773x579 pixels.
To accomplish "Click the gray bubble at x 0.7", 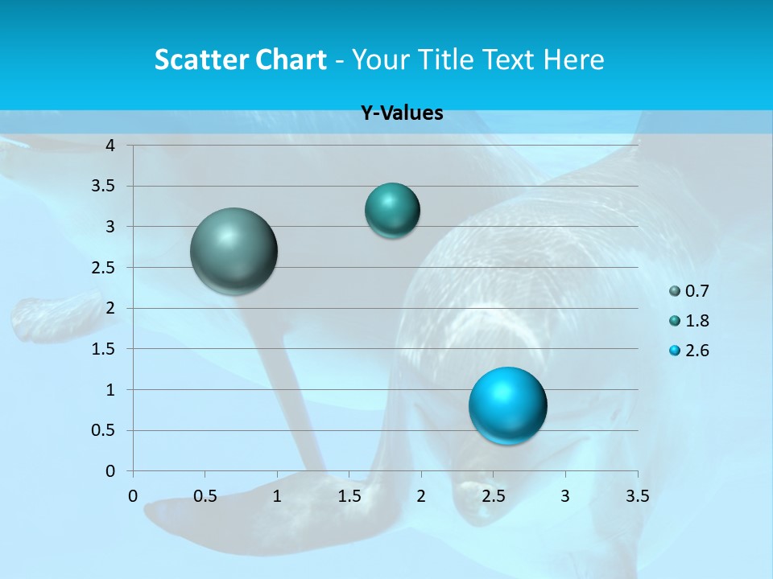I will pyautogui.click(x=234, y=251).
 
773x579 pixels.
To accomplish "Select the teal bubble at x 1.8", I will pyautogui.click(x=392, y=210).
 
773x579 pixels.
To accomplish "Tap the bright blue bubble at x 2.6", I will pyautogui.click(x=507, y=405).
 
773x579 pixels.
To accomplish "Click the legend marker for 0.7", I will pyautogui.click(x=675, y=291).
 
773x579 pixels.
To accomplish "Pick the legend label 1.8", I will pyautogui.click(x=697, y=321).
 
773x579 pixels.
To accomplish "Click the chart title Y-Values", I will pyautogui.click(x=402, y=113).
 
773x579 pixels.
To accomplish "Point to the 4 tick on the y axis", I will pyautogui.click(x=111, y=145).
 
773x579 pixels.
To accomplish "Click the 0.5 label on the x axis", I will pyautogui.click(x=205, y=496).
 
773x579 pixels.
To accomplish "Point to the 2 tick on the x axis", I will pyautogui.click(x=421, y=496).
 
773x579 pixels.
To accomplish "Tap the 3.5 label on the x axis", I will pyautogui.click(x=637, y=496).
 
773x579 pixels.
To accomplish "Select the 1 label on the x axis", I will pyautogui.click(x=277, y=496).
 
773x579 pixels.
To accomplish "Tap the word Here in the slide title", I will pyautogui.click(x=573, y=60).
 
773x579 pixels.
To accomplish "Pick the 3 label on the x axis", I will pyautogui.click(x=565, y=496).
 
